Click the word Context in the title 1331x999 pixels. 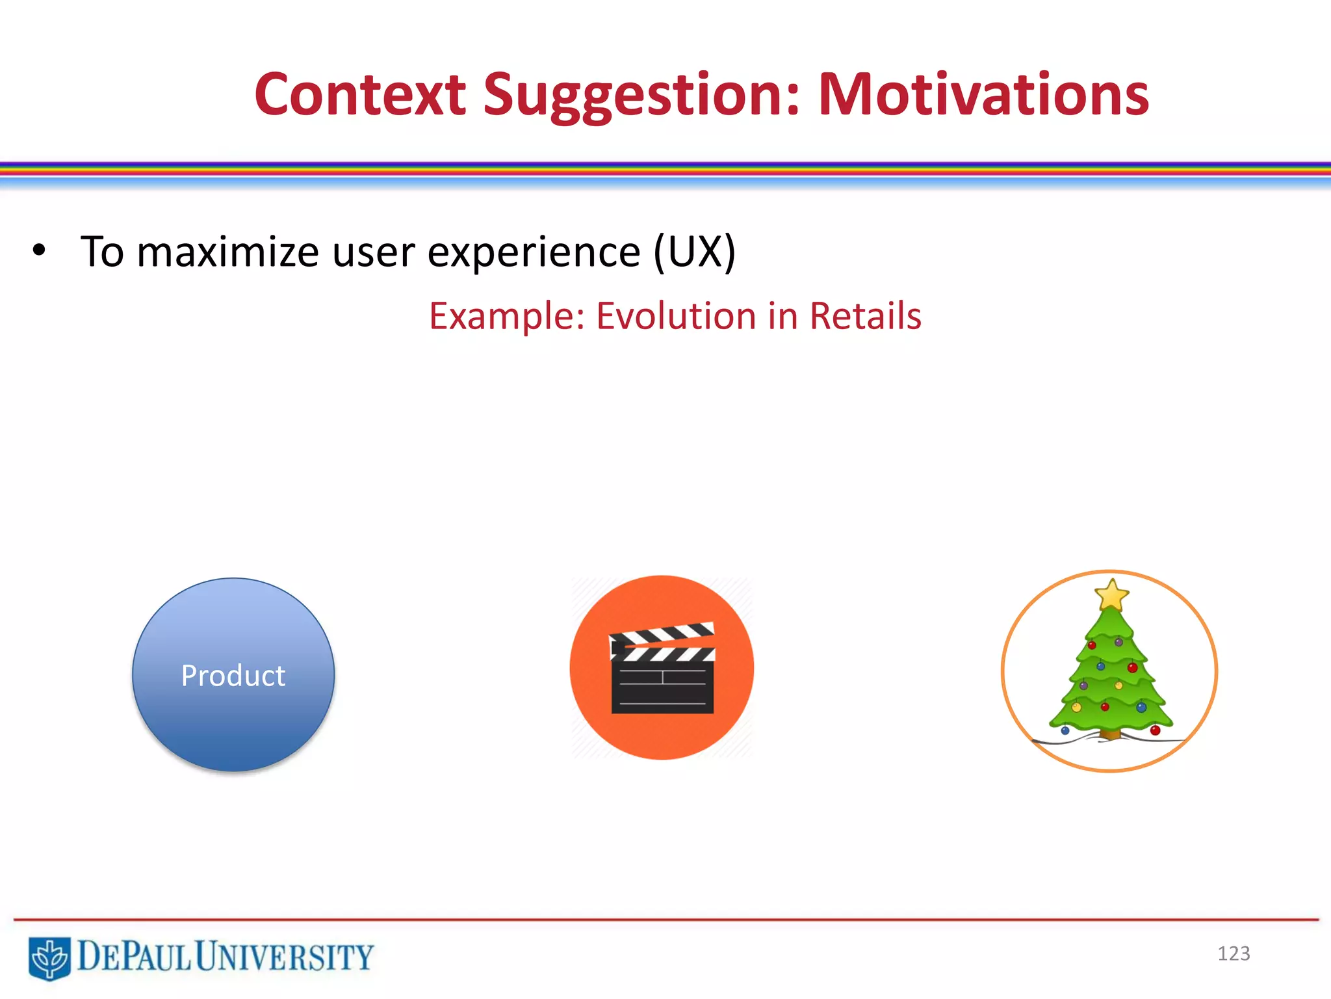360,95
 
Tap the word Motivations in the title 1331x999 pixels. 983,95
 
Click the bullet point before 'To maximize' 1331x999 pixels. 39,250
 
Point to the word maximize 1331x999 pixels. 227,252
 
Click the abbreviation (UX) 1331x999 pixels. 694,252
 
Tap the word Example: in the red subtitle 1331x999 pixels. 507,317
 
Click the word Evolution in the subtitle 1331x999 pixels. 677,317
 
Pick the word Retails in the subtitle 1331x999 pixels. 865,317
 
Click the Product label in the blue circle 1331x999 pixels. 233,676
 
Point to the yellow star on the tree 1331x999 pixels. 1111,594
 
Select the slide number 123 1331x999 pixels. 1234,953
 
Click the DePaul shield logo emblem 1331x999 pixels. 49,957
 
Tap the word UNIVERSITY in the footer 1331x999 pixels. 285,957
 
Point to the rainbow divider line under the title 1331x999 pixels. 665,171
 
